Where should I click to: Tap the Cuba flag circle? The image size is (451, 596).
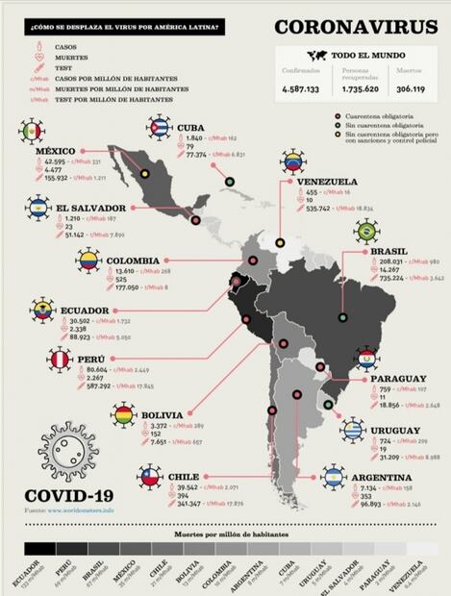pyautogui.click(x=159, y=126)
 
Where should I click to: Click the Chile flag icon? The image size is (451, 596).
pyautogui.click(x=149, y=476)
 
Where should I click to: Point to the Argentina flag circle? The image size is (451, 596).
pyautogui.click(x=334, y=475)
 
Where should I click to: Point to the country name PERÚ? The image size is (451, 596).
pyautogui.click(x=92, y=357)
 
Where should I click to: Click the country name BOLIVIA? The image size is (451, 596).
pyautogui.click(x=162, y=416)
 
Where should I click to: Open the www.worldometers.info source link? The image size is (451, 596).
pyautogui.click(x=81, y=509)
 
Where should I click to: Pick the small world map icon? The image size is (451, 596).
pyautogui.click(x=317, y=56)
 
